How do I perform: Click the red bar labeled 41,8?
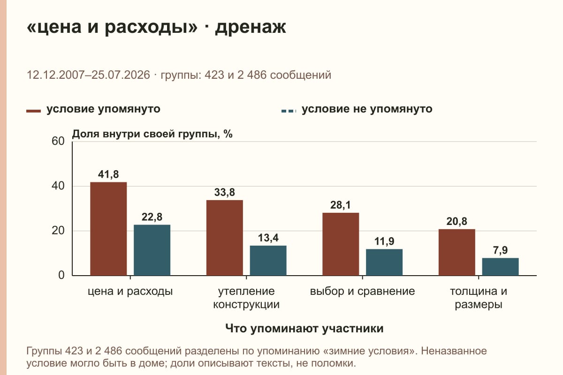[x=108, y=229]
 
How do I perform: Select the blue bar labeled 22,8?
[x=152, y=250]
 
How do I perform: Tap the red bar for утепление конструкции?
[x=225, y=238]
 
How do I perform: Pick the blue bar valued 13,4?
[x=268, y=261]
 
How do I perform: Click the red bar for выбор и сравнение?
[x=341, y=244]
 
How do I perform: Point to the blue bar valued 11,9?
[x=384, y=262]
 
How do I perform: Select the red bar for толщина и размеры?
[x=457, y=253]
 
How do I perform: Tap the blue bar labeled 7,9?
[x=500, y=267]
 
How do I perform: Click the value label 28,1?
[x=341, y=205]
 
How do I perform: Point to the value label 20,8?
[x=456, y=222]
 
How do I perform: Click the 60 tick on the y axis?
[x=58, y=141]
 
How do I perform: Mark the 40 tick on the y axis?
[x=58, y=186]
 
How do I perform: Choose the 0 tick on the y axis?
[x=61, y=275]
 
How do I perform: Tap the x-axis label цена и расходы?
[x=130, y=292]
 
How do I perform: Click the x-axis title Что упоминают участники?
[x=304, y=328]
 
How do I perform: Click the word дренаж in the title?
[x=251, y=27]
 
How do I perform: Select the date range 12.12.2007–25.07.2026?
[x=88, y=75]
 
